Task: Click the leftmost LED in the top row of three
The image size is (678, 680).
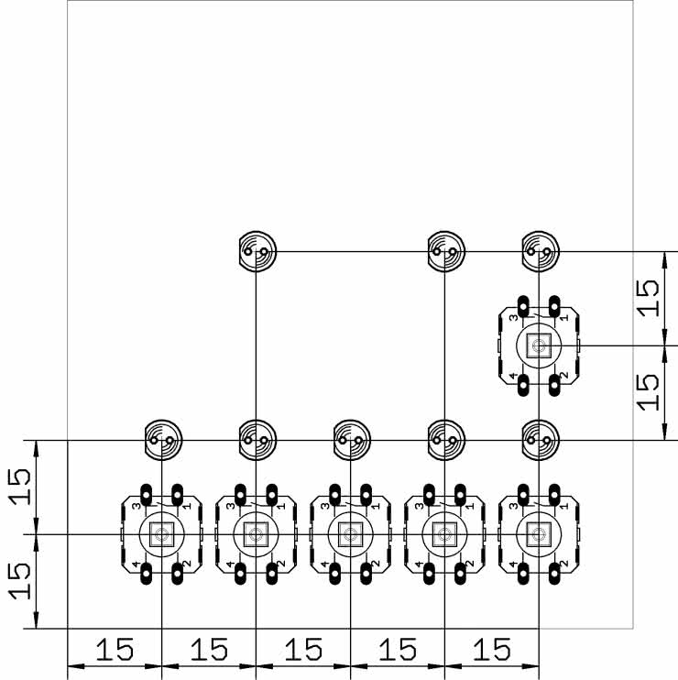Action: click(x=256, y=250)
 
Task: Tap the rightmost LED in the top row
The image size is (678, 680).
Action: click(x=540, y=250)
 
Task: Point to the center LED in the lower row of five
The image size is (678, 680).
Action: click(x=350, y=440)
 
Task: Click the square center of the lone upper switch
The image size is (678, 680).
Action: click(x=539, y=345)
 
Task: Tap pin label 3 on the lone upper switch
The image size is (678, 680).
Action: click(x=513, y=316)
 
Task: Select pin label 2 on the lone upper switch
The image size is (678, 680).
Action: click(x=564, y=376)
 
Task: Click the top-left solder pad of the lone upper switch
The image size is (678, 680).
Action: click(x=523, y=304)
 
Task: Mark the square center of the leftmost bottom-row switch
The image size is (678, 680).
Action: click(x=161, y=534)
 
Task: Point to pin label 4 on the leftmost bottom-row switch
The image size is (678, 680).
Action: click(x=136, y=564)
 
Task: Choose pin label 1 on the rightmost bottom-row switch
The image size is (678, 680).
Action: click(x=564, y=505)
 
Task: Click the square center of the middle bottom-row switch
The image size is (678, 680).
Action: click(x=349, y=534)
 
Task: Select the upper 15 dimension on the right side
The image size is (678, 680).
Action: click(x=648, y=298)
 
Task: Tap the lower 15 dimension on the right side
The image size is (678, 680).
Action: click(x=648, y=392)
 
